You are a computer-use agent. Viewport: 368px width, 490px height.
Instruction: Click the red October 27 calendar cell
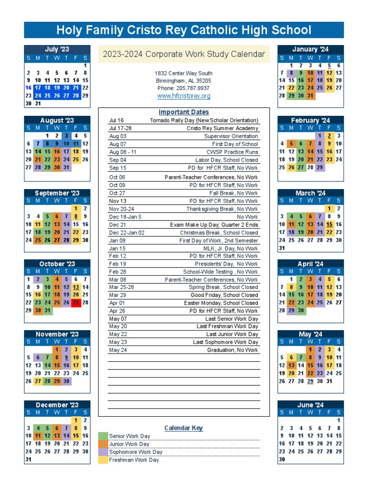click(76, 302)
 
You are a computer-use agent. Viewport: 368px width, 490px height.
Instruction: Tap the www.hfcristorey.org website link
click(184, 96)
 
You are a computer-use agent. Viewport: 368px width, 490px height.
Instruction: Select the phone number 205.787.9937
click(184, 89)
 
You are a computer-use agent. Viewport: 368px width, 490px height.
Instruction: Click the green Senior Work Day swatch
click(103, 436)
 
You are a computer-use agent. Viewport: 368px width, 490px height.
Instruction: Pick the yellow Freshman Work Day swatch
click(103, 460)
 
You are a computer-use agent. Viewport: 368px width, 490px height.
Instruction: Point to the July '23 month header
click(57, 49)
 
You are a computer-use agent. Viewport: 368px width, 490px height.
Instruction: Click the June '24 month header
click(310, 405)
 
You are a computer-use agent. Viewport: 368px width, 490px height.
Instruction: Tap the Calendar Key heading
click(184, 428)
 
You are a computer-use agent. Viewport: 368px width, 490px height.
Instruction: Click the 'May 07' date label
click(118, 319)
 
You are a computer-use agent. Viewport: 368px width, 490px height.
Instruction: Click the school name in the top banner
click(184, 31)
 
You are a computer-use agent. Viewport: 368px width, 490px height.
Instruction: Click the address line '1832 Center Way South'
click(184, 73)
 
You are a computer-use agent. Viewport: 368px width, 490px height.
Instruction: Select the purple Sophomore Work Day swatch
click(103, 452)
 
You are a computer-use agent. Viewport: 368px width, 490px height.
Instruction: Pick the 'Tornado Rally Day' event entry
click(204, 121)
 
